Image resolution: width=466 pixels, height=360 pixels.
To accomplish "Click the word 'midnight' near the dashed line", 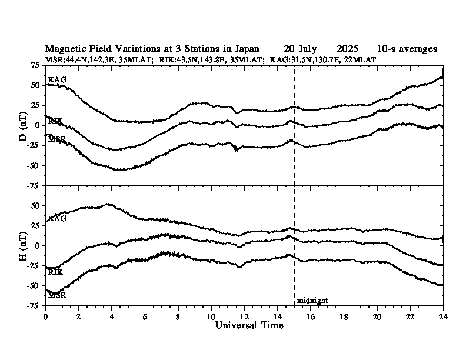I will (x=312, y=301).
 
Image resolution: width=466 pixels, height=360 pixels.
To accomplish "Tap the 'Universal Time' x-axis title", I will (x=249, y=325).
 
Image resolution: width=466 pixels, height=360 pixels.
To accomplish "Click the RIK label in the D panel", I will (x=55, y=121).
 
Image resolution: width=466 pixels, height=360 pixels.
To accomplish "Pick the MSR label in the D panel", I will (x=57, y=139).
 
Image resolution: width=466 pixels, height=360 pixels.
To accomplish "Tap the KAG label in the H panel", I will (x=57, y=219).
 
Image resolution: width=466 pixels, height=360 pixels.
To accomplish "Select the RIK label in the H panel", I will (x=55, y=272).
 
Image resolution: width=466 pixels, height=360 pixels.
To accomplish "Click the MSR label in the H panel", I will (x=57, y=295).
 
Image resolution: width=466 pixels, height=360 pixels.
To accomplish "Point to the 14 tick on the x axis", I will (x=277, y=316).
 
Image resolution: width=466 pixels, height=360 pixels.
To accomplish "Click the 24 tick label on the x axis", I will (x=443, y=316).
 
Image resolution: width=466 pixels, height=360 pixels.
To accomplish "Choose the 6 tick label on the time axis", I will (x=145, y=316).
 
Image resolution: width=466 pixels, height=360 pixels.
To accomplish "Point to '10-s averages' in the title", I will (x=407, y=49).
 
